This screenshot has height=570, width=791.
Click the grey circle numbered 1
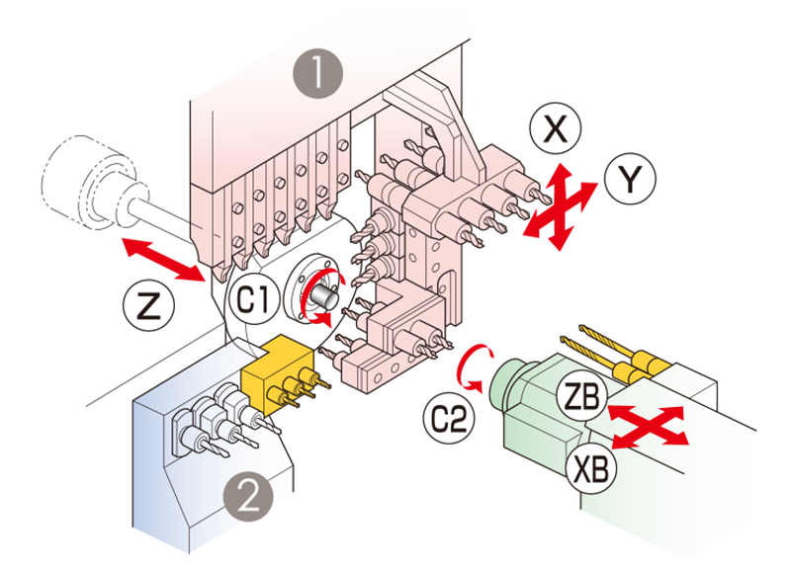point(317,73)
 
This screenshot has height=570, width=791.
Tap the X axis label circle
point(555,129)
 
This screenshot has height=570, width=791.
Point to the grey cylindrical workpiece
point(324,295)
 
